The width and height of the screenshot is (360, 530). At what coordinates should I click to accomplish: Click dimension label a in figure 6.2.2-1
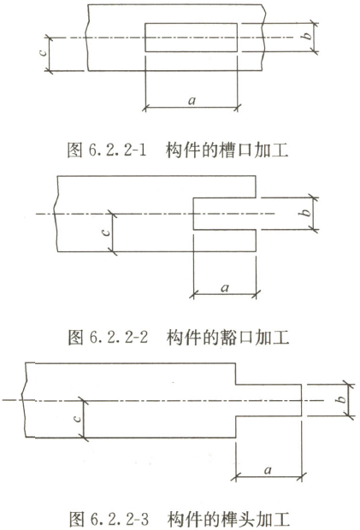192,100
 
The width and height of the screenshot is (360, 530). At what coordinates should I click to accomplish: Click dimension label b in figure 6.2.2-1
307,35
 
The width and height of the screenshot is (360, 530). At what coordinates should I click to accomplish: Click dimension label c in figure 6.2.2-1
43,52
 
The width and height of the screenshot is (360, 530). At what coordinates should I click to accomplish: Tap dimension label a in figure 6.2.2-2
225,288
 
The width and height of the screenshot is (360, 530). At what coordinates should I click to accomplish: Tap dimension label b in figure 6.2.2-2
305,213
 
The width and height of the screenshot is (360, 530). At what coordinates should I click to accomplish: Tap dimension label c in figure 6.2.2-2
106,233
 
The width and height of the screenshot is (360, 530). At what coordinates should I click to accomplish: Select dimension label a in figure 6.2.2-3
268,470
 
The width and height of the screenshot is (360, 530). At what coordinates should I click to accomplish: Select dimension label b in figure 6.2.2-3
342,399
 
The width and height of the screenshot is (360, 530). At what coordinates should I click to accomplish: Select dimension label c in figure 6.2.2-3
77,419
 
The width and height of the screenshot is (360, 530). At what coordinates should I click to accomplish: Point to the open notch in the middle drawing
193,214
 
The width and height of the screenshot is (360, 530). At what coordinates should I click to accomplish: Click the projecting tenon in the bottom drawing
301,400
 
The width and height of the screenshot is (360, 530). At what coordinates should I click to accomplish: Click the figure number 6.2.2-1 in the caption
117,150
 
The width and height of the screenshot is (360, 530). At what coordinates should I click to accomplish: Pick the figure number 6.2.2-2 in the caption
119,337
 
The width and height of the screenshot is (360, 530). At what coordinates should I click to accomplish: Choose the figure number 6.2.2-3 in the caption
120,519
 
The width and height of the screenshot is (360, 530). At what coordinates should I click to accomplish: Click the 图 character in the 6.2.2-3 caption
77,519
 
